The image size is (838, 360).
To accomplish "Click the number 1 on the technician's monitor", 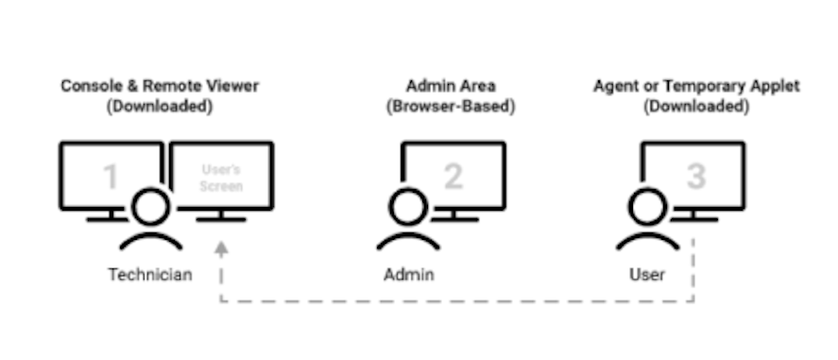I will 111,178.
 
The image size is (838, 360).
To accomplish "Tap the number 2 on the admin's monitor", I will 453,176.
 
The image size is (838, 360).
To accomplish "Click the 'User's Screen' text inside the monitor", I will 222,179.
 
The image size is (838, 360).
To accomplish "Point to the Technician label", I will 150,275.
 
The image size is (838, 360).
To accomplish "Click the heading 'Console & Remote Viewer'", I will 160,86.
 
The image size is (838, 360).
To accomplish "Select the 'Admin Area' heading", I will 450,86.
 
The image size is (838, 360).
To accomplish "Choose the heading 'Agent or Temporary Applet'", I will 696,86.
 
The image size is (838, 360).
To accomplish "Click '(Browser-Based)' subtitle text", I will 450,107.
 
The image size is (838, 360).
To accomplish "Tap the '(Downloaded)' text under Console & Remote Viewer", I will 160,107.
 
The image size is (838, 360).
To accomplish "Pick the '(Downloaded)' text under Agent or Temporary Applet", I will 696,107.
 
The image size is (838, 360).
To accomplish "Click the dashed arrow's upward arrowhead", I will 221,249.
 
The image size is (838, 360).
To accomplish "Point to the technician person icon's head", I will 151,206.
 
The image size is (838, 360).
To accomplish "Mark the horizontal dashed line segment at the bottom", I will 457,302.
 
